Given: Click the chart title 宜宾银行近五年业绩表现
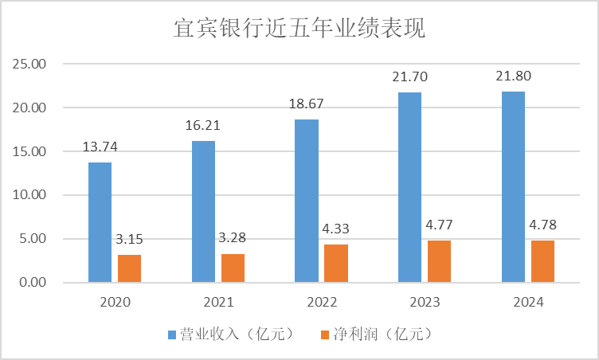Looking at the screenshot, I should [x=299, y=29].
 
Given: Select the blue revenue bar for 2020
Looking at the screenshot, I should [x=100, y=222].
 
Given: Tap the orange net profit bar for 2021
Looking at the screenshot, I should [x=233, y=268].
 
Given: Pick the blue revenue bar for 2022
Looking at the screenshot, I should [x=307, y=201].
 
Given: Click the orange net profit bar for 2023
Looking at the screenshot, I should [x=440, y=261].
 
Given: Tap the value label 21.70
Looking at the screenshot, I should [x=410, y=79].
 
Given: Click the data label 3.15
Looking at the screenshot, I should [x=130, y=241].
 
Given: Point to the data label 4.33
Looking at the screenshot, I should [x=336, y=230].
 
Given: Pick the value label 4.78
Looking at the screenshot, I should [x=543, y=226].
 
